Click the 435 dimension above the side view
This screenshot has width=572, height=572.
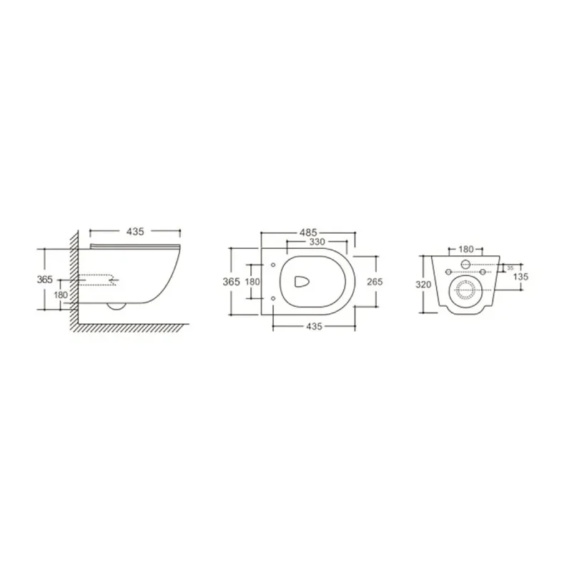tap(135, 231)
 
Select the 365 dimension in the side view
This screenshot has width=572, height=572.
tap(45, 280)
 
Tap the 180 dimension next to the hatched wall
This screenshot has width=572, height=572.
tap(61, 295)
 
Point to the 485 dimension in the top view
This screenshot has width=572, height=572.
tap(308, 232)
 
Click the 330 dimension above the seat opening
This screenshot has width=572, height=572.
tap(317, 242)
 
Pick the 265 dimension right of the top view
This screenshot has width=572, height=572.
tap(375, 282)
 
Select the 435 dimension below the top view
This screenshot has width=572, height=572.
tap(314, 326)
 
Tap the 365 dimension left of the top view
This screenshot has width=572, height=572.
tap(231, 282)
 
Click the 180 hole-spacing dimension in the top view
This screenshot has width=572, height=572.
tap(252, 282)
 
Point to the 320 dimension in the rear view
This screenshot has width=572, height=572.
tap(423, 284)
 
